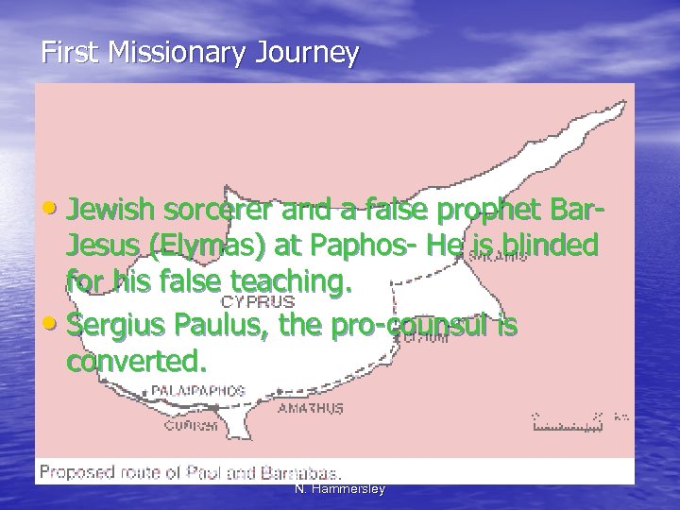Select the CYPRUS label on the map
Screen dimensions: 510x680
tap(258, 302)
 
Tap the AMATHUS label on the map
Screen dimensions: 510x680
tap(311, 408)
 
